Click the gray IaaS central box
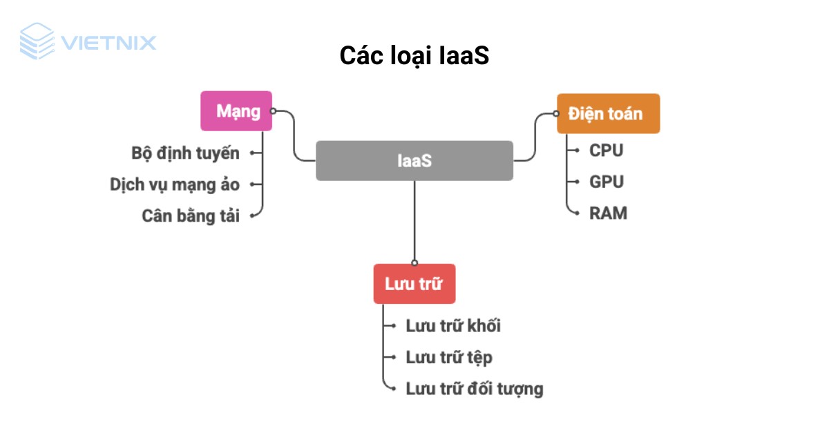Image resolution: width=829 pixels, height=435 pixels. point(414,161)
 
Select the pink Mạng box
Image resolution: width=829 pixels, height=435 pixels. point(236,111)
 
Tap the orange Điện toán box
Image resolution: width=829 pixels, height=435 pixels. point(608,113)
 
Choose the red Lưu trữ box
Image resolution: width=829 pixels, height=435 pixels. point(414,284)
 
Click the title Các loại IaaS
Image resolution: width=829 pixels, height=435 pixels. point(414,56)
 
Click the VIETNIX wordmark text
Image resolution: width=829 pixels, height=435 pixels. point(108,43)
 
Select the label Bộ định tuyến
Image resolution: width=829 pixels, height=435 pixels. point(185,153)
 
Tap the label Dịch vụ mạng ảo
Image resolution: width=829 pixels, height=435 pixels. point(175,184)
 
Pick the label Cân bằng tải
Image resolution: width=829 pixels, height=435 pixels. point(191,215)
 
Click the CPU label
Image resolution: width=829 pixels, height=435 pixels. point(606,150)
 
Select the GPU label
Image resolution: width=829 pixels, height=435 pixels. point(606,182)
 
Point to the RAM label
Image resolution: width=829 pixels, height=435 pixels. point(608,213)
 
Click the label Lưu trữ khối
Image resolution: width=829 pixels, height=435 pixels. point(453,326)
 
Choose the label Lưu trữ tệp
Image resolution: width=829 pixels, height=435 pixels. point(449,357)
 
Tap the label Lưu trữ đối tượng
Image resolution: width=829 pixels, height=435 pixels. point(475,389)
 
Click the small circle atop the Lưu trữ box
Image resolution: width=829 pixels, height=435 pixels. point(414,262)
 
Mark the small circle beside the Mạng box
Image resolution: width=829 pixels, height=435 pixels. point(274,110)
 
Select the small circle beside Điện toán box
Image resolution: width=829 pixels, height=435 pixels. point(556,113)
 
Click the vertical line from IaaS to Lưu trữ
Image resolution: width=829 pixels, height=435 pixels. point(414,221)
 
